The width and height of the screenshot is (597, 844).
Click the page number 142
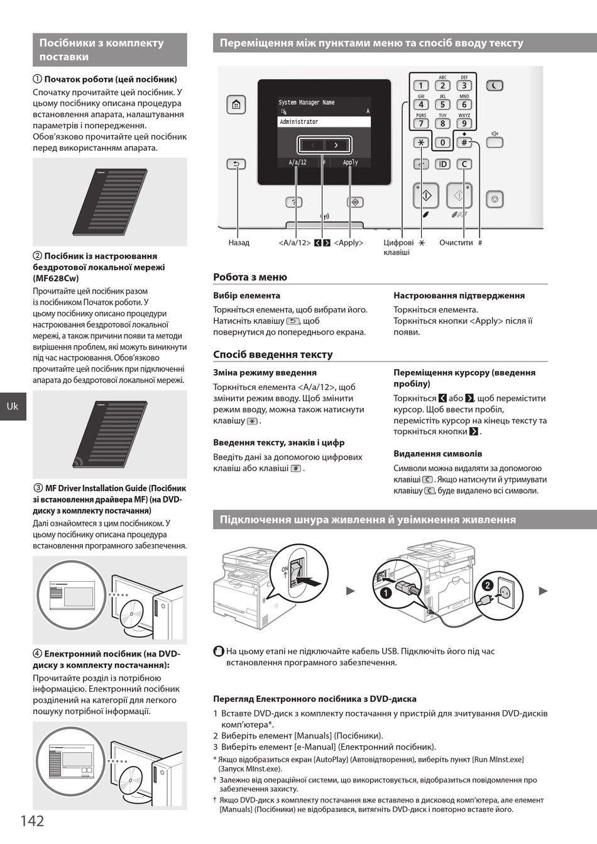click(x=32, y=820)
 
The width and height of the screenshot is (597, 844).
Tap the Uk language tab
click(x=13, y=406)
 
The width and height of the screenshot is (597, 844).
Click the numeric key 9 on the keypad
click(x=464, y=124)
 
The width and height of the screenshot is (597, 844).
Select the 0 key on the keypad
click(x=442, y=143)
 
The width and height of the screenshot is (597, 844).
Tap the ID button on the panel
click(x=442, y=164)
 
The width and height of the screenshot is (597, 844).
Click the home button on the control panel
click(x=236, y=105)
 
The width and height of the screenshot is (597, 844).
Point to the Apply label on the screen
click(x=350, y=162)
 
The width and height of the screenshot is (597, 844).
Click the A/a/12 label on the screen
click(x=297, y=162)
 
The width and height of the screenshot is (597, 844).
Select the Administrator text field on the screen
click(x=324, y=121)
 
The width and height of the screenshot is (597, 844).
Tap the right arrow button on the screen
click(x=337, y=145)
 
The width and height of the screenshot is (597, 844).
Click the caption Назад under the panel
click(x=239, y=243)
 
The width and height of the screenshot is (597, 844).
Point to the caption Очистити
click(x=456, y=243)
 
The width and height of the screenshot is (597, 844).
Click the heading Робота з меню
click(x=250, y=277)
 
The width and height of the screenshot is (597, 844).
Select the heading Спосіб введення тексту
click(x=273, y=354)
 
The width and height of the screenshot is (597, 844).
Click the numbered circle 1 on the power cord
click(x=386, y=592)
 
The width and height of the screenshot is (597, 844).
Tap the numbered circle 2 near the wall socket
click(x=487, y=585)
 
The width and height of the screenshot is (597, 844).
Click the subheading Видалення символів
click(x=437, y=453)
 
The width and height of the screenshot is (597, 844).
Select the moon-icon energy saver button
click(x=495, y=86)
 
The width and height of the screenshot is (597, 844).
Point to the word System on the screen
click(x=287, y=103)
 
